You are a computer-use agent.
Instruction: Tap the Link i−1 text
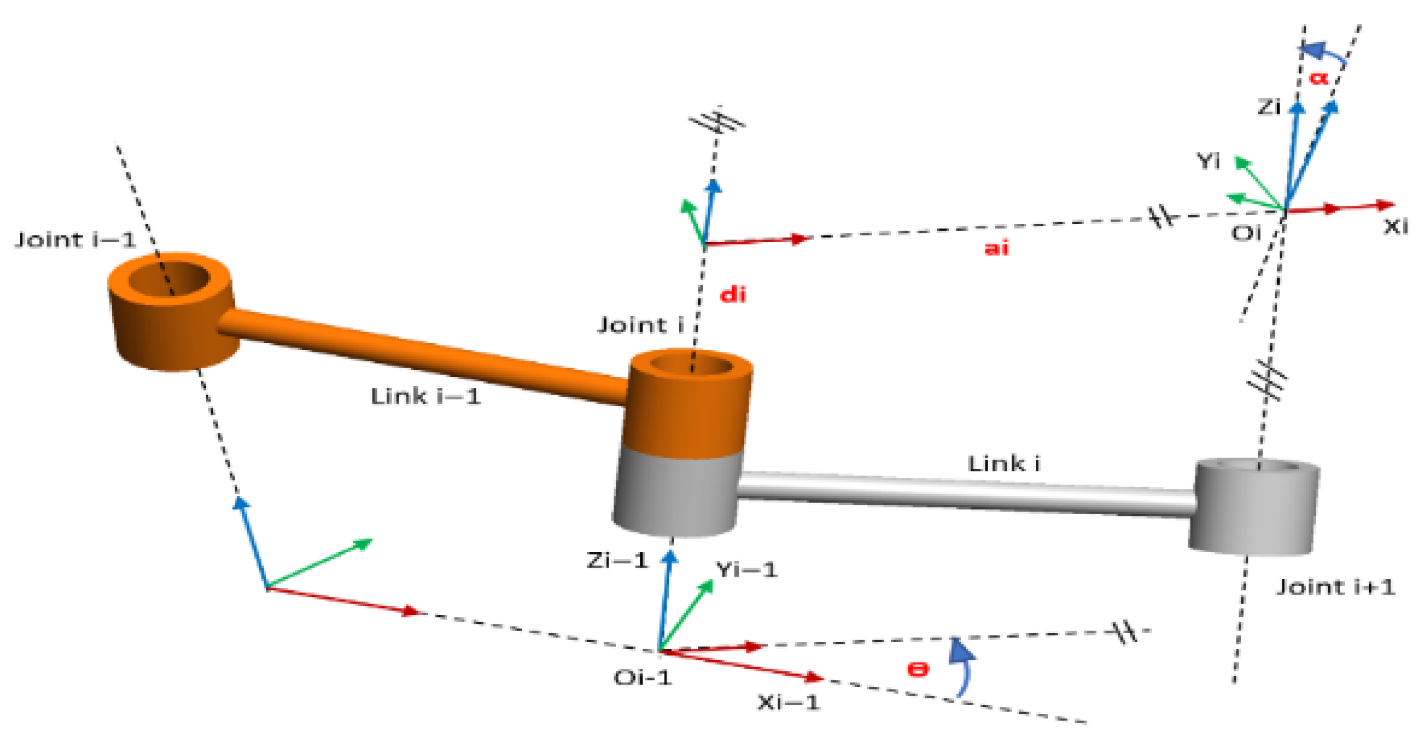[x=426, y=396]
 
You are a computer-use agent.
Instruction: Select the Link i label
[x=1003, y=464]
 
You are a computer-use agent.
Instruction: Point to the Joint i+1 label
[x=1336, y=587]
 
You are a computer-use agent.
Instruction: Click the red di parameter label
[x=733, y=295]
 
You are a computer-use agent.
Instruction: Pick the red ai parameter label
[x=996, y=249]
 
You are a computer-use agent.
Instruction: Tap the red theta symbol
[x=918, y=669]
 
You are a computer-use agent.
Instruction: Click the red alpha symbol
[x=1319, y=77]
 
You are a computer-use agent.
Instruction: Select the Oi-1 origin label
[x=642, y=677]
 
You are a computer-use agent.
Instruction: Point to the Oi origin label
[x=1246, y=233]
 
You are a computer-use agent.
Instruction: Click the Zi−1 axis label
[x=617, y=560]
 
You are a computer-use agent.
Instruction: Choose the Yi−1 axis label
[x=746, y=570]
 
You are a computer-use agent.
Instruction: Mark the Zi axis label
[x=1269, y=106]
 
